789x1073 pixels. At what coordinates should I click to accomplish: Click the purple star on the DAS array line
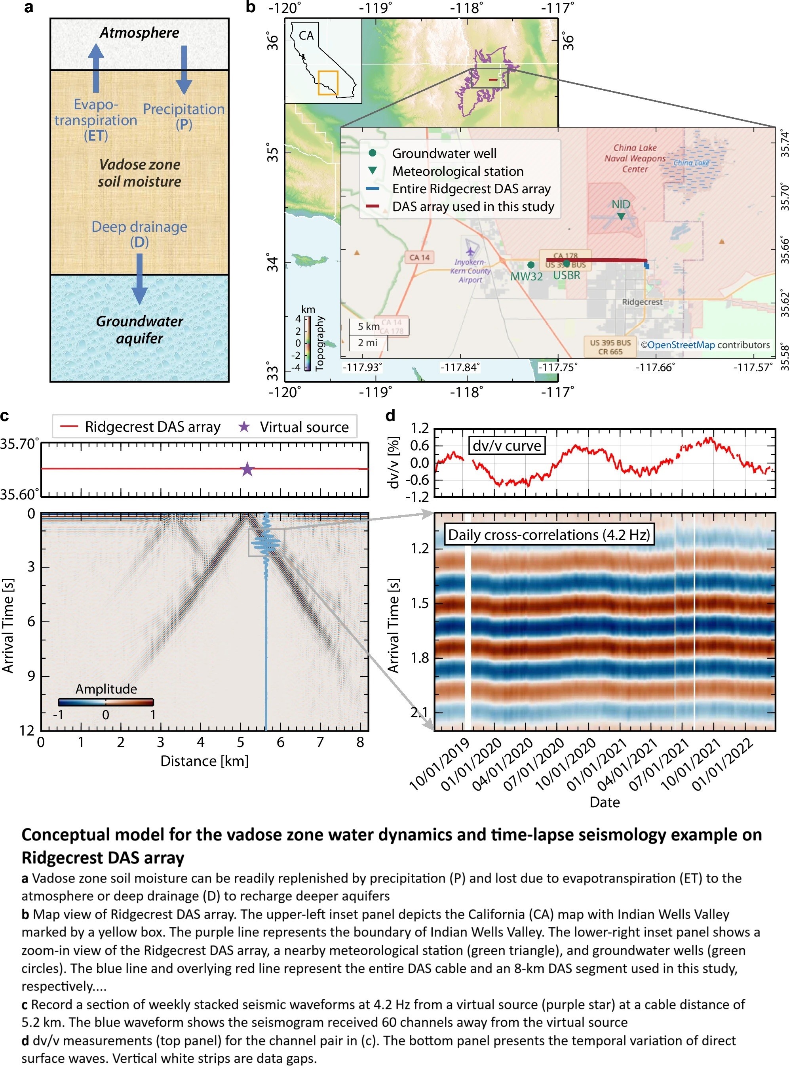(x=247, y=469)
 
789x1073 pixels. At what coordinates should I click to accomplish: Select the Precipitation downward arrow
(x=184, y=70)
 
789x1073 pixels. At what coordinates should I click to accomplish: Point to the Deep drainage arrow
(x=139, y=278)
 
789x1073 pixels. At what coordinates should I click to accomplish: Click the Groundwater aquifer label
(x=139, y=330)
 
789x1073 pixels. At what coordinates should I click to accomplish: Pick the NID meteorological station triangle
(x=621, y=216)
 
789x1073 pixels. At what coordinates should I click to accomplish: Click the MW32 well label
(x=526, y=276)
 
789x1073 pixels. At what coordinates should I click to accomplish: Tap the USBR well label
(x=567, y=276)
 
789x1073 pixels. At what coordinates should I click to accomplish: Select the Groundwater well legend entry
(x=444, y=153)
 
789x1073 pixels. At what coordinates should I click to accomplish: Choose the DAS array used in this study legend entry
(x=472, y=206)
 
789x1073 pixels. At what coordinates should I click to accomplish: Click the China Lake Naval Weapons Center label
(x=635, y=158)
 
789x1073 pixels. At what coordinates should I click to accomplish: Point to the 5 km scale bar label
(x=368, y=326)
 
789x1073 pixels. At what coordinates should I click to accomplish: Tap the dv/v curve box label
(x=507, y=446)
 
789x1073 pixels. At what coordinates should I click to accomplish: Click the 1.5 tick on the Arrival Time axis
(x=420, y=603)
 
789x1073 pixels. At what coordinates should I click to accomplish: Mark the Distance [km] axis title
(x=204, y=760)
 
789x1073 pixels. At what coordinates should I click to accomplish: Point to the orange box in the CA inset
(x=328, y=83)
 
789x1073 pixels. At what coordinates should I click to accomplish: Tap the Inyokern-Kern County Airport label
(x=470, y=271)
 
